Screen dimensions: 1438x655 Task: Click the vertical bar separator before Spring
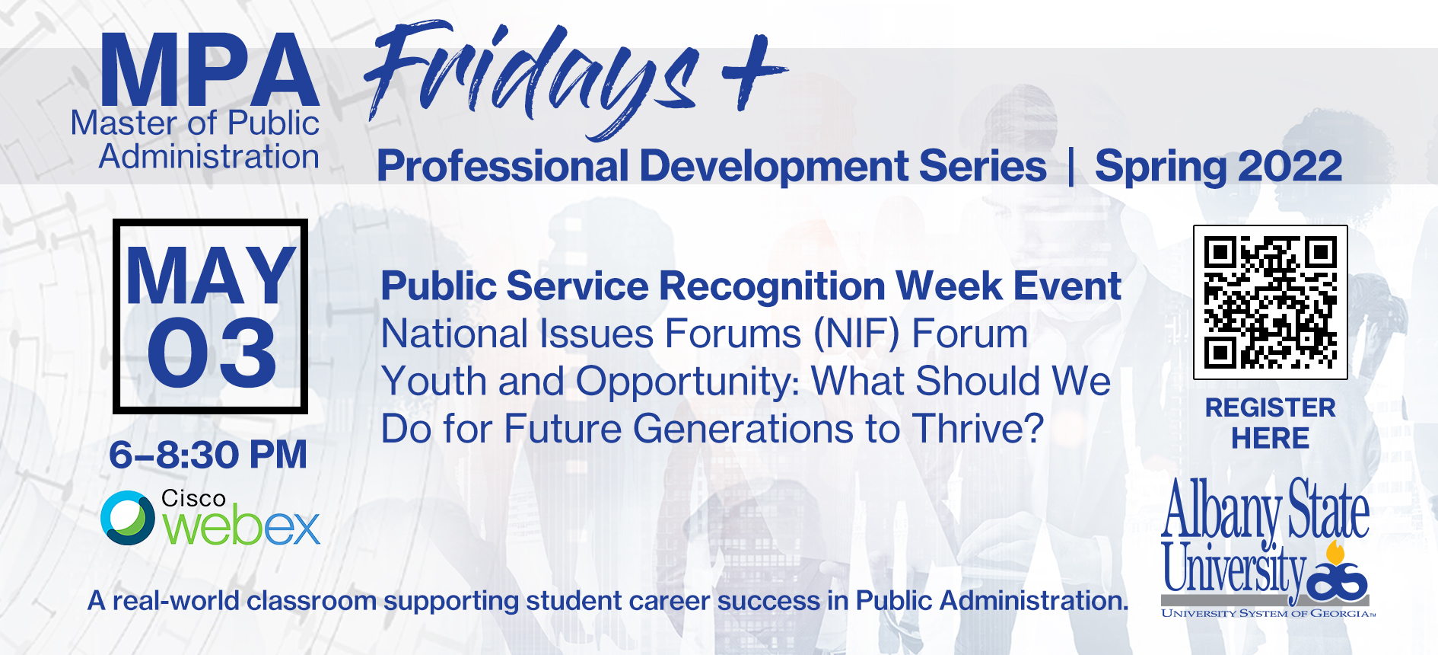point(1071,166)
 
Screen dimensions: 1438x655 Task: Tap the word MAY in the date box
point(211,276)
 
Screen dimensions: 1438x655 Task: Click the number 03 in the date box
point(212,352)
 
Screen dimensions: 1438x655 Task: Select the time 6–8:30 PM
point(208,455)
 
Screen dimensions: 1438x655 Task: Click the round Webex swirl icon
point(128,518)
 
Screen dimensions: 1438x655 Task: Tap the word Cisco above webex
point(193,498)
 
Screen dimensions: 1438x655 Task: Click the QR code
point(1271,302)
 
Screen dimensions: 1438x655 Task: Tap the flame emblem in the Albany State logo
point(1335,553)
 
